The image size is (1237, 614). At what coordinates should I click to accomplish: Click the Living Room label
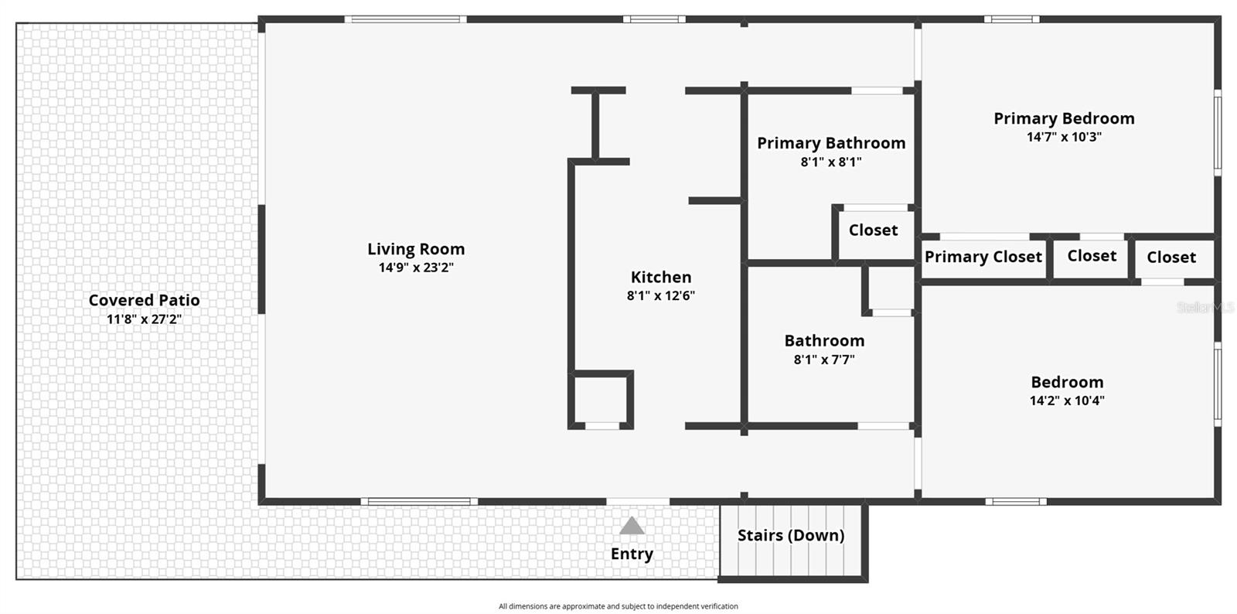click(x=416, y=249)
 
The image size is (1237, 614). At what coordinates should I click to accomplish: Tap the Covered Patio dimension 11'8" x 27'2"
click(x=145, y=319)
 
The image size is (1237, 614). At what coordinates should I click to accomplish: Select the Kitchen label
click(x=661, y=277)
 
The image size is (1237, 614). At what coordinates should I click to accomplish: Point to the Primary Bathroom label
click(x=831, y=143)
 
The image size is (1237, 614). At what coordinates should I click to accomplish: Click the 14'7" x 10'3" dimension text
click(x=1064, y=137)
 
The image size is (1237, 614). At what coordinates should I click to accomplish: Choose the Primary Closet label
click(x=983, y=257)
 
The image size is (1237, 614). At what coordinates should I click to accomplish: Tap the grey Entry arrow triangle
click(x=632, y=527)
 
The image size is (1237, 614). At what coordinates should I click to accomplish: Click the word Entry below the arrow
click(x=632, y=554)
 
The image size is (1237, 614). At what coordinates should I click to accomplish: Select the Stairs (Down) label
click(x=791, y=535)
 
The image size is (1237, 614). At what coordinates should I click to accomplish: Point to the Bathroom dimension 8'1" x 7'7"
click(x=824, y=359)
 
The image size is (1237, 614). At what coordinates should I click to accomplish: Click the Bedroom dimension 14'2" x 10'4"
click(x=1067, y=401)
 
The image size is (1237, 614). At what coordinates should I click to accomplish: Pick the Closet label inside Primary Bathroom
click(x=873, y=230)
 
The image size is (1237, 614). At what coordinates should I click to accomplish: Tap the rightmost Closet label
click(x=1171, y=257)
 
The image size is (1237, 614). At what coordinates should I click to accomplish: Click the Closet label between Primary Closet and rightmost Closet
click(x=1092, y=256)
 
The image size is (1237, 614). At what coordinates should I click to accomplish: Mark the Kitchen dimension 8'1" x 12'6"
click(x=661, y=295)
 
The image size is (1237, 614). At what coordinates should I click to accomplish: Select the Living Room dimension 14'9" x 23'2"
click(x=416, y=268)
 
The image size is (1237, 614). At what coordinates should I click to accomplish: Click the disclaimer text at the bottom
click(x=618, y=606)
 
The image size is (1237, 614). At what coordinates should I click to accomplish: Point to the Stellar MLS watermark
click(x=1205, y=308)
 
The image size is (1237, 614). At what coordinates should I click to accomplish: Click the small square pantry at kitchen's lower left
click(x=601, y=398)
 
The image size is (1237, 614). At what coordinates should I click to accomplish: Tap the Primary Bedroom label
click(x=1064, y=118)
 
